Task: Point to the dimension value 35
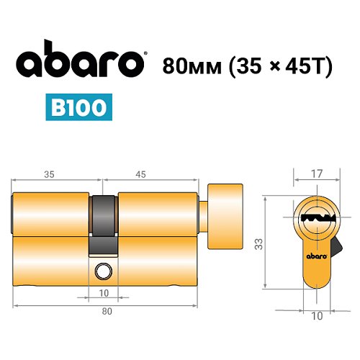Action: click(x=49, y=174)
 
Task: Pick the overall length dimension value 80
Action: click(x=107, y=311)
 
